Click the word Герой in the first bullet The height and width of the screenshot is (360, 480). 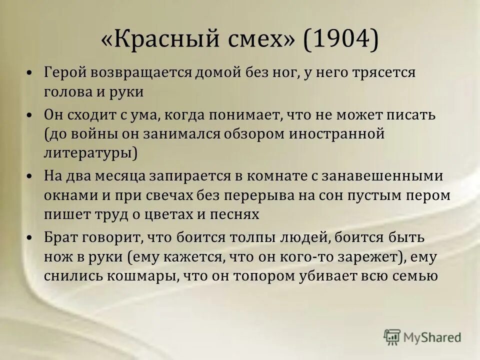64,72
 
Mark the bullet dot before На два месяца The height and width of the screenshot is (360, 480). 30,177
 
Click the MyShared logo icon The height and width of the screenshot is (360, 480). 392,337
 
